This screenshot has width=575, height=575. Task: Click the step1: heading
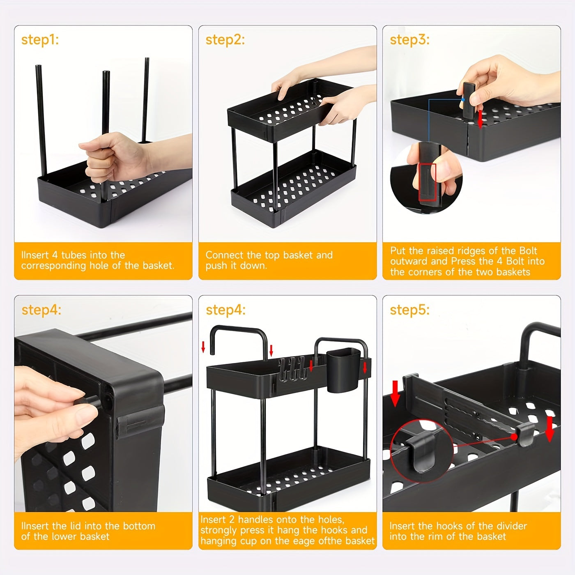click(x=40, y=40)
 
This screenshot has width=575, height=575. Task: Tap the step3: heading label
click(x=410, y=40)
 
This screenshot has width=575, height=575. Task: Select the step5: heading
click(x=410, y=310)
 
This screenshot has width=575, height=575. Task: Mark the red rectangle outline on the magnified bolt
click(x=427, y=182)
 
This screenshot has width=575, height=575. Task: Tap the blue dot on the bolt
click(x=463, y=99)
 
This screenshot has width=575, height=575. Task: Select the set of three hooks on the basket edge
click(x=292, y=369)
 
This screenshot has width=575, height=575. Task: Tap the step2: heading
click(x=225, y=40)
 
